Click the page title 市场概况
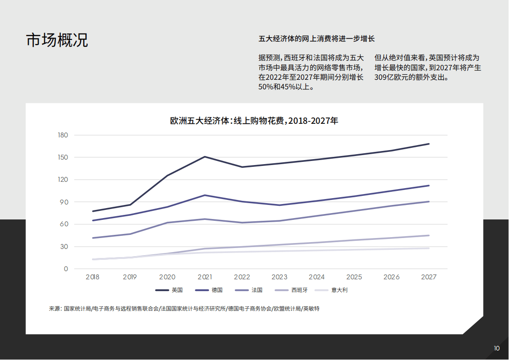tap(57, 40)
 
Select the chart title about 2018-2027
tap(254, 121)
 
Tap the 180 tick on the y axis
tap(63, 135)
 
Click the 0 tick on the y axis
tap(66, 269)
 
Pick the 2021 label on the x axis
tap(204, 277)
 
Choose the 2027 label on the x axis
tap(429, 277)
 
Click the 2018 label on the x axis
tap(92, 277)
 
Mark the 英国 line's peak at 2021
tap(205, 157)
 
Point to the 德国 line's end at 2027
tap(429, 185)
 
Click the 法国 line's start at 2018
tap(93, 238)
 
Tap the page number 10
tap(497, 348)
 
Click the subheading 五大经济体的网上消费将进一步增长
tap(316, 39)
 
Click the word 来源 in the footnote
tap(54, 308)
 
